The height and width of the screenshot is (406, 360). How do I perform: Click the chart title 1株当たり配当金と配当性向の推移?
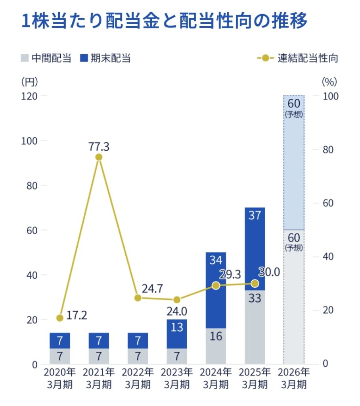pos(164,22)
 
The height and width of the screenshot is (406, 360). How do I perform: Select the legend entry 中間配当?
pos(46,58)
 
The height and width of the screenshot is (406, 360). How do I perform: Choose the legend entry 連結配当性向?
pos(298,58)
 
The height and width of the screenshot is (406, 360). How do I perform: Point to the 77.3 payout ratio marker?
pos(99,157)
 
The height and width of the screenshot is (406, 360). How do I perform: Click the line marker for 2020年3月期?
pos(60,318)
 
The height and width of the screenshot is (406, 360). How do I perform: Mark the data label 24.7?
pos(152,289)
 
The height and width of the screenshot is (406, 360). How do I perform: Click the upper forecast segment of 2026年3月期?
pos(294,163)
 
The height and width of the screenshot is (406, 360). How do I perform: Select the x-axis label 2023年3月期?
pos(177,378)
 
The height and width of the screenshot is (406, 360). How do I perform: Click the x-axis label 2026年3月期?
pos(294,378)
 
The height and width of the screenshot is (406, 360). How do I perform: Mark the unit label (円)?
pos(30,82)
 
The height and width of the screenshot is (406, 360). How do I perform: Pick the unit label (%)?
pos(329,82)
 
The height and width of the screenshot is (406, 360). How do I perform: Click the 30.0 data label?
pos(269,272)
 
